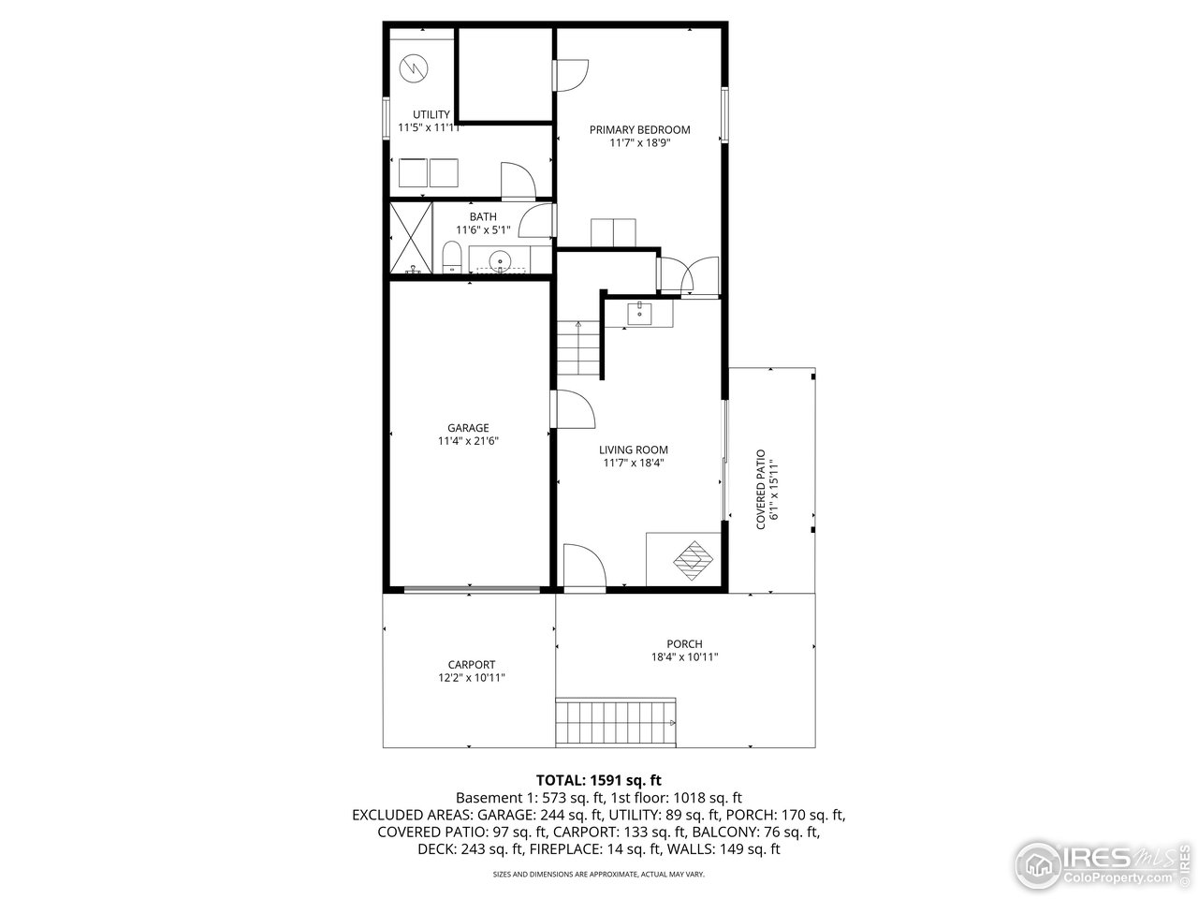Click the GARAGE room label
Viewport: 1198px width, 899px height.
click(468, 428)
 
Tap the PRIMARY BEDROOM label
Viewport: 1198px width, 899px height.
click(639, 130)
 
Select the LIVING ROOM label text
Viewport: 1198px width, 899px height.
click(634, 449)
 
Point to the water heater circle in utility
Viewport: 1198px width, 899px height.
click(412, 68)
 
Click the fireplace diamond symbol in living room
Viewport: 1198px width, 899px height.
click(692, 559)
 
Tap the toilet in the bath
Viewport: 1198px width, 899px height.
click(451, 258)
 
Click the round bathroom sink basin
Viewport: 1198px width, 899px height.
click(499, 261)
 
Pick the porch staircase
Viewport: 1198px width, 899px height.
click(616, 722)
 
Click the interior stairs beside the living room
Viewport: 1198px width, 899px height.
click(579, 347)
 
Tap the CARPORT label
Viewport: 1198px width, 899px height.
click(471, 665)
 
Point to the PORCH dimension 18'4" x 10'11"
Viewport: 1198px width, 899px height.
click(684, 656)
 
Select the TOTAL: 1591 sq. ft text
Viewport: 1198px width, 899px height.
click(599, 779)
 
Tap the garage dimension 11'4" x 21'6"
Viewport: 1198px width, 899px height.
click(468, 441)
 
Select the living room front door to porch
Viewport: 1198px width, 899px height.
click(583, 568)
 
